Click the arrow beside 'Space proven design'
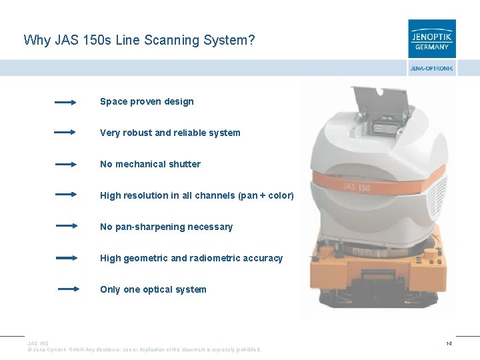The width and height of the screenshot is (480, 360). (65, 103)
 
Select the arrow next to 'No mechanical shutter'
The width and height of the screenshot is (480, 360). (65, 164)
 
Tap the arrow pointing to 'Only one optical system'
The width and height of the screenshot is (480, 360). (68, 289)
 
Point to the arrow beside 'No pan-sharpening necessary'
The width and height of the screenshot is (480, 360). (67, 226)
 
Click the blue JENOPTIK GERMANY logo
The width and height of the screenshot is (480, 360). (432, 39)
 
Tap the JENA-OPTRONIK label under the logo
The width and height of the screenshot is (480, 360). (432, 69)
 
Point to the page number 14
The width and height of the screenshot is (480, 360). (450, 343)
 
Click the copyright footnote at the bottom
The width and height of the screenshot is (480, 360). (143, 349)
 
